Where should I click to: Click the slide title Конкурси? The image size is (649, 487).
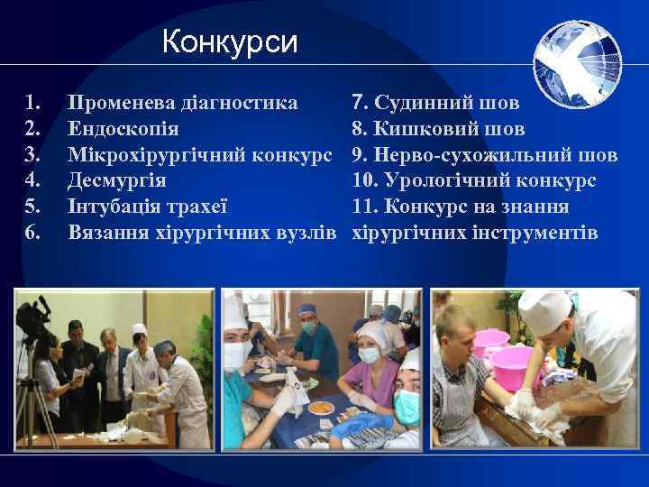(230, 42)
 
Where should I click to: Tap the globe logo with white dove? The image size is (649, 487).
(576, 65)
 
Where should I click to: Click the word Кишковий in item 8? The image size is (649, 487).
(416, 128)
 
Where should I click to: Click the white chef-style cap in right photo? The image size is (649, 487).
(544, 310)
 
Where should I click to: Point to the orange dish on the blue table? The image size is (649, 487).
(321, 407)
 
